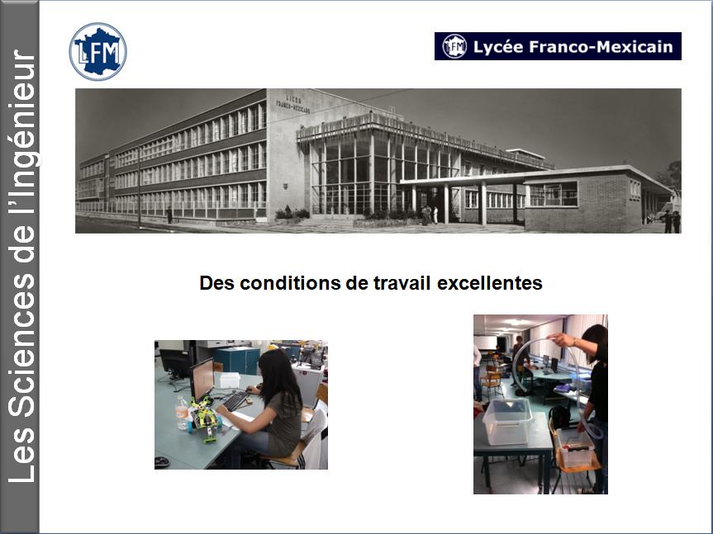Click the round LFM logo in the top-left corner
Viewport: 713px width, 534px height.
97,51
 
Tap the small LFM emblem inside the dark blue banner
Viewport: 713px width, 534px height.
454,46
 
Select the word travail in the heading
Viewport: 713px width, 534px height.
402,283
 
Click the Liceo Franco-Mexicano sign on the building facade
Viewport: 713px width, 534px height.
292,104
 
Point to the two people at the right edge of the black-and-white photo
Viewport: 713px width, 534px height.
671,221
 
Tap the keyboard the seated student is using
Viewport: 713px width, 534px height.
235,401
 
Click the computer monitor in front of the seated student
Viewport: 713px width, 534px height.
202,380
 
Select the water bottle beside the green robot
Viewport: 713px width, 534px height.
182,413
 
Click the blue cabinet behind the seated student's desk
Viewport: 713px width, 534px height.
237,361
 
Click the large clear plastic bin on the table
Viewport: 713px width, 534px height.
507,421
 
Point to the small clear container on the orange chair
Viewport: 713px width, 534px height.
576,449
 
